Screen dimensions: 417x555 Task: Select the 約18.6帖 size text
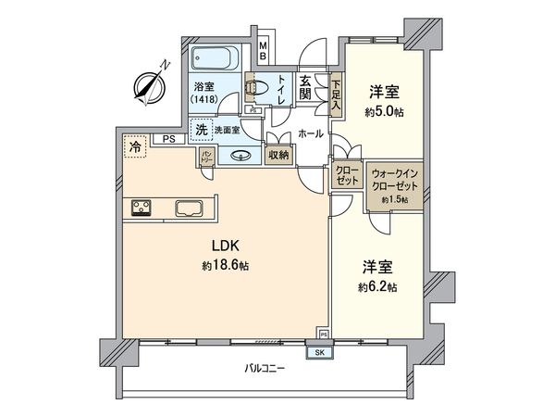pos(225,266)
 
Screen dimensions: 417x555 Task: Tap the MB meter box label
pos(264,52)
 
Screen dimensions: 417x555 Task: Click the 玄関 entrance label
pos(304,89)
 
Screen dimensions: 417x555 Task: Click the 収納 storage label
pos(278,155)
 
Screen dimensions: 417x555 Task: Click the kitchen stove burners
pos(142,207)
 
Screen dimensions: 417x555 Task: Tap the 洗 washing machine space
pos(201,131)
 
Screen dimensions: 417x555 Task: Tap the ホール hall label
pos(311,133)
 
